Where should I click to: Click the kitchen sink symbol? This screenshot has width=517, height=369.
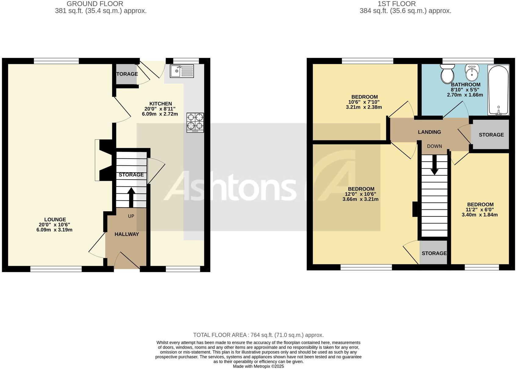pyautogui.click(x=182, y=71)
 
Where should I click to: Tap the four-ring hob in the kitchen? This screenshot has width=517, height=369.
pyautogui.click(x=195, y=122)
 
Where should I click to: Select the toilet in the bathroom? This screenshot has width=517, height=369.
pyautogui.click(x=447, y=73)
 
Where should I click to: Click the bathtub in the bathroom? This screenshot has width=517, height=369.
pyautogui.click(x=498, y=90)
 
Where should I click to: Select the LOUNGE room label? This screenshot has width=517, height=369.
pyautogui.click(x=55, y=220)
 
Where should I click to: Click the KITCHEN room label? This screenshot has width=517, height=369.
pyautogui.click(x=161, y=104)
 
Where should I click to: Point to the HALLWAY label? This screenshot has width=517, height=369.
pyautogui.click(x=127, y=234)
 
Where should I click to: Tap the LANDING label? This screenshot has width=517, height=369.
pyautogui.click(x=429, y=132)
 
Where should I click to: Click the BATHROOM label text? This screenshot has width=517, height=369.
pyautogui.click(x=465, y=85)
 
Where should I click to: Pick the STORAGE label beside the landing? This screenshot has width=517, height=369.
pyautogui.click(x=491, y=135)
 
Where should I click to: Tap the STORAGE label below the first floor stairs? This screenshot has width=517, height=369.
pyautogui.click(x=434, y=253)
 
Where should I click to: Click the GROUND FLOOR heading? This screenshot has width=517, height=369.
pyautogui.click(x=95, y=4)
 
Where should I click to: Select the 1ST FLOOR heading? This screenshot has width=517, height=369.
pyautogui.click(x=396, y=4)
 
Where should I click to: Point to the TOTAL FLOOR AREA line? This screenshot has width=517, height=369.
pyautogui.click(x=258, y=335)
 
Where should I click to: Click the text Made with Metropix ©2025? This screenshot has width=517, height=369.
pyautogui.click(x=258, y=366)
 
